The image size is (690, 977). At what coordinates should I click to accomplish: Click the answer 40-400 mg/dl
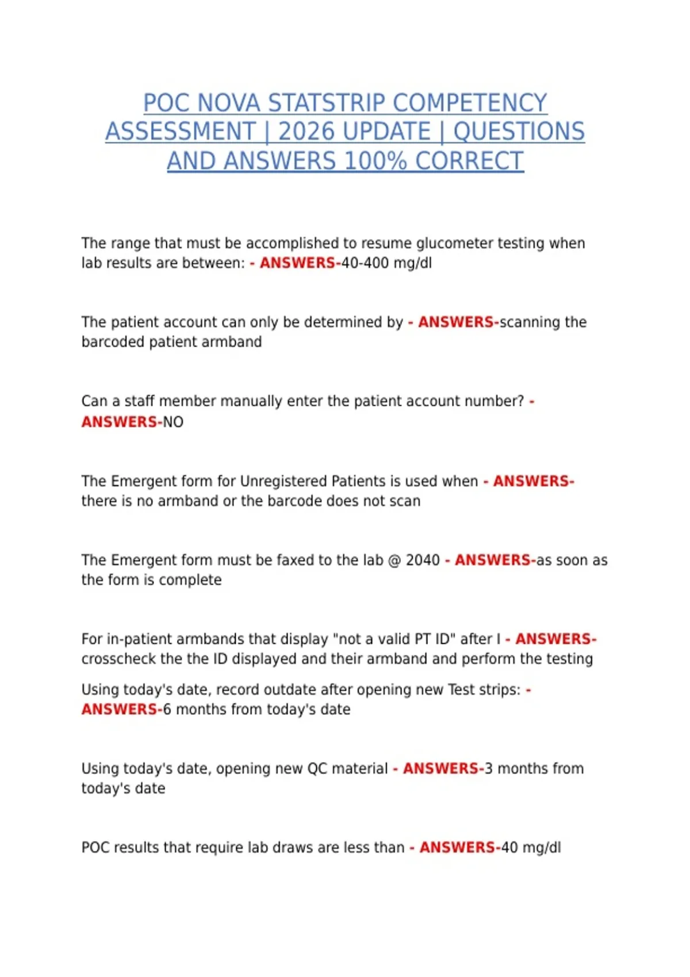pos(386,263)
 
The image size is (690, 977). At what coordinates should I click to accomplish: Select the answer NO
pos(173,422)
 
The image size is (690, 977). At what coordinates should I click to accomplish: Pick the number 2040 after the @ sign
pos(423,560)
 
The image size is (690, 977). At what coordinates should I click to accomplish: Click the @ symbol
pos(394,560)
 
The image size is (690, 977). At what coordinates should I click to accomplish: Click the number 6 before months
pos(167,710)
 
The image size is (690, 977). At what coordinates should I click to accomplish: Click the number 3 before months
pos(489,769)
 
